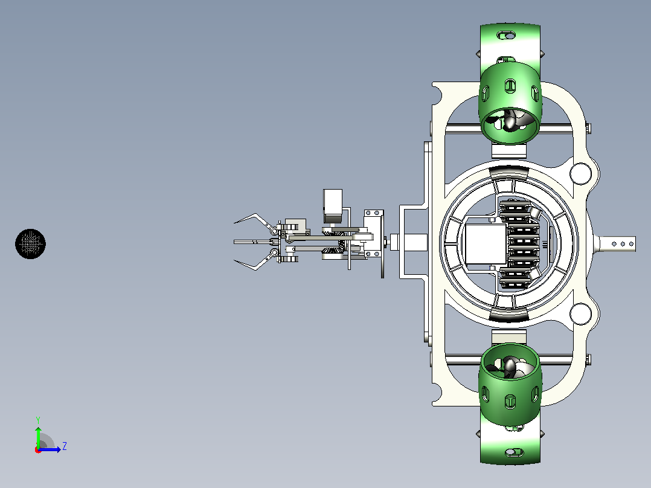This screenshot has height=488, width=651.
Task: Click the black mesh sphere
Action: [x=30, y=244]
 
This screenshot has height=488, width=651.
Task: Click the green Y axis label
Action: [x=38, y=420]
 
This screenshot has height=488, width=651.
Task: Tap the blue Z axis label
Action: [x=65, y=446]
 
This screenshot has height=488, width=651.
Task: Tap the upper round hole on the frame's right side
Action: [x=580, y=173]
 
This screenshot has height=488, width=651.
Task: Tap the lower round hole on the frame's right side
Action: [x=580, y=313]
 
